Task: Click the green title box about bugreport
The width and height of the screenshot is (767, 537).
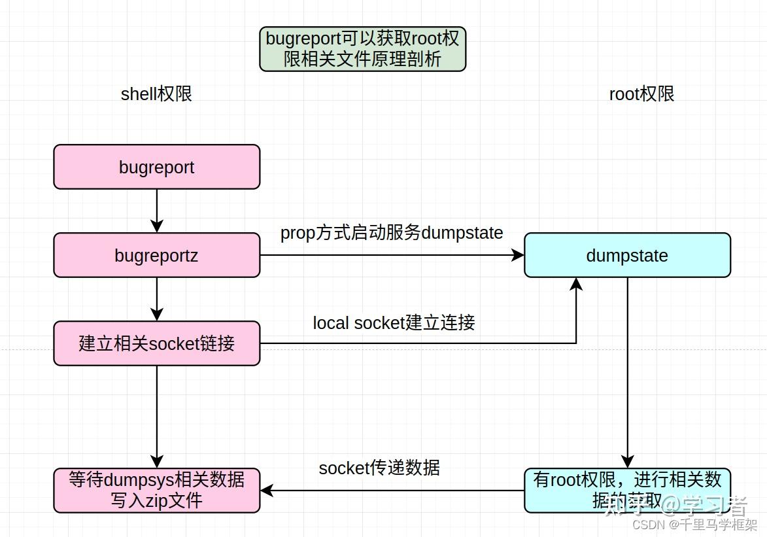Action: click(362, 49)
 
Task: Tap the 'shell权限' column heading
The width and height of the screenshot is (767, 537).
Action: click(156, 94)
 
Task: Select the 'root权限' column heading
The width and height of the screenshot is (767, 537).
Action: click(641, 94)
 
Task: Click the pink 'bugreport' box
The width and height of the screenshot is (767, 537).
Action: click(157, 167)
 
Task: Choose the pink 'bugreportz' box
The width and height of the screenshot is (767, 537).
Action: click(157, 255)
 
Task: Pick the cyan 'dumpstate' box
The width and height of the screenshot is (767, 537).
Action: click(627, 255)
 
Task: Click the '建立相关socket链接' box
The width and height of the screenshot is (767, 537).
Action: click(157, 343)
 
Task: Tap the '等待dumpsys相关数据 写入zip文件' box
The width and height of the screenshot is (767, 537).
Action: click(157, 491)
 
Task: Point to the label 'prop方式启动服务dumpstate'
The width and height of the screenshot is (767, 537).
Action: click(392, 233)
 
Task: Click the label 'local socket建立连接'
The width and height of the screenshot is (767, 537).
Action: click(394, 322)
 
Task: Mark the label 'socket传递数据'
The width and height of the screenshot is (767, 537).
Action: click(379, 468)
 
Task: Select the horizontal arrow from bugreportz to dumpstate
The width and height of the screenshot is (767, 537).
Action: click(392, 255)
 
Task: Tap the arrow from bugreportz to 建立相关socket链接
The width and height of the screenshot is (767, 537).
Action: click(157, 299)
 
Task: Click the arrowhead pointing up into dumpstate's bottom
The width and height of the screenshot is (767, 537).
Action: click(576, 284)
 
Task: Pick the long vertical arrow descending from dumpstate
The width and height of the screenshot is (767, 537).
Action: click(627, 373)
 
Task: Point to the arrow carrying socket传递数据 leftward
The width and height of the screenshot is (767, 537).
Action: click(392, 491)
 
